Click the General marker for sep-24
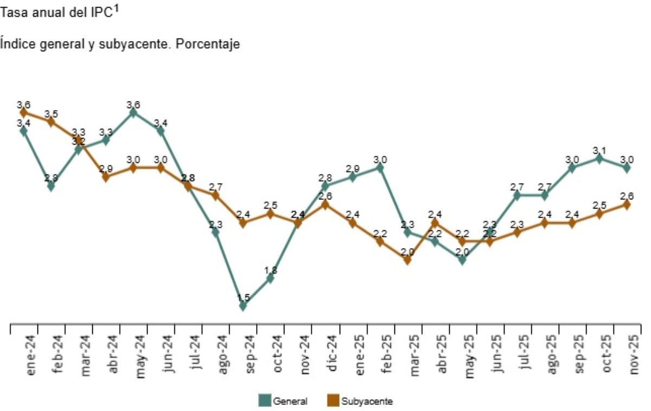pyautogui.click(x=242, y=306)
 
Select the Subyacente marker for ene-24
pyautogui.click(x=24, y=112)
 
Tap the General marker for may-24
pyautogui.click(x=133, y=112)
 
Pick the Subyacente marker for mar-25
pyautogui.click(x=407, y=260)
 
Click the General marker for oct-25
pyautogui.click(x=599, y=159)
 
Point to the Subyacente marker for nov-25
pyautogui.click(x=627, y=205)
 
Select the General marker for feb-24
pyautogui.click(x=51, y=186)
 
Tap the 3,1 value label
pyautogui.click(x=599, y=150)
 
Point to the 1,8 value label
pyautogui.click(x=270, y=269)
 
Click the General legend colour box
pyautogui.click(x=264, y=401)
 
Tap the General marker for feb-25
pyautogui.click(x=380, y=168)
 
